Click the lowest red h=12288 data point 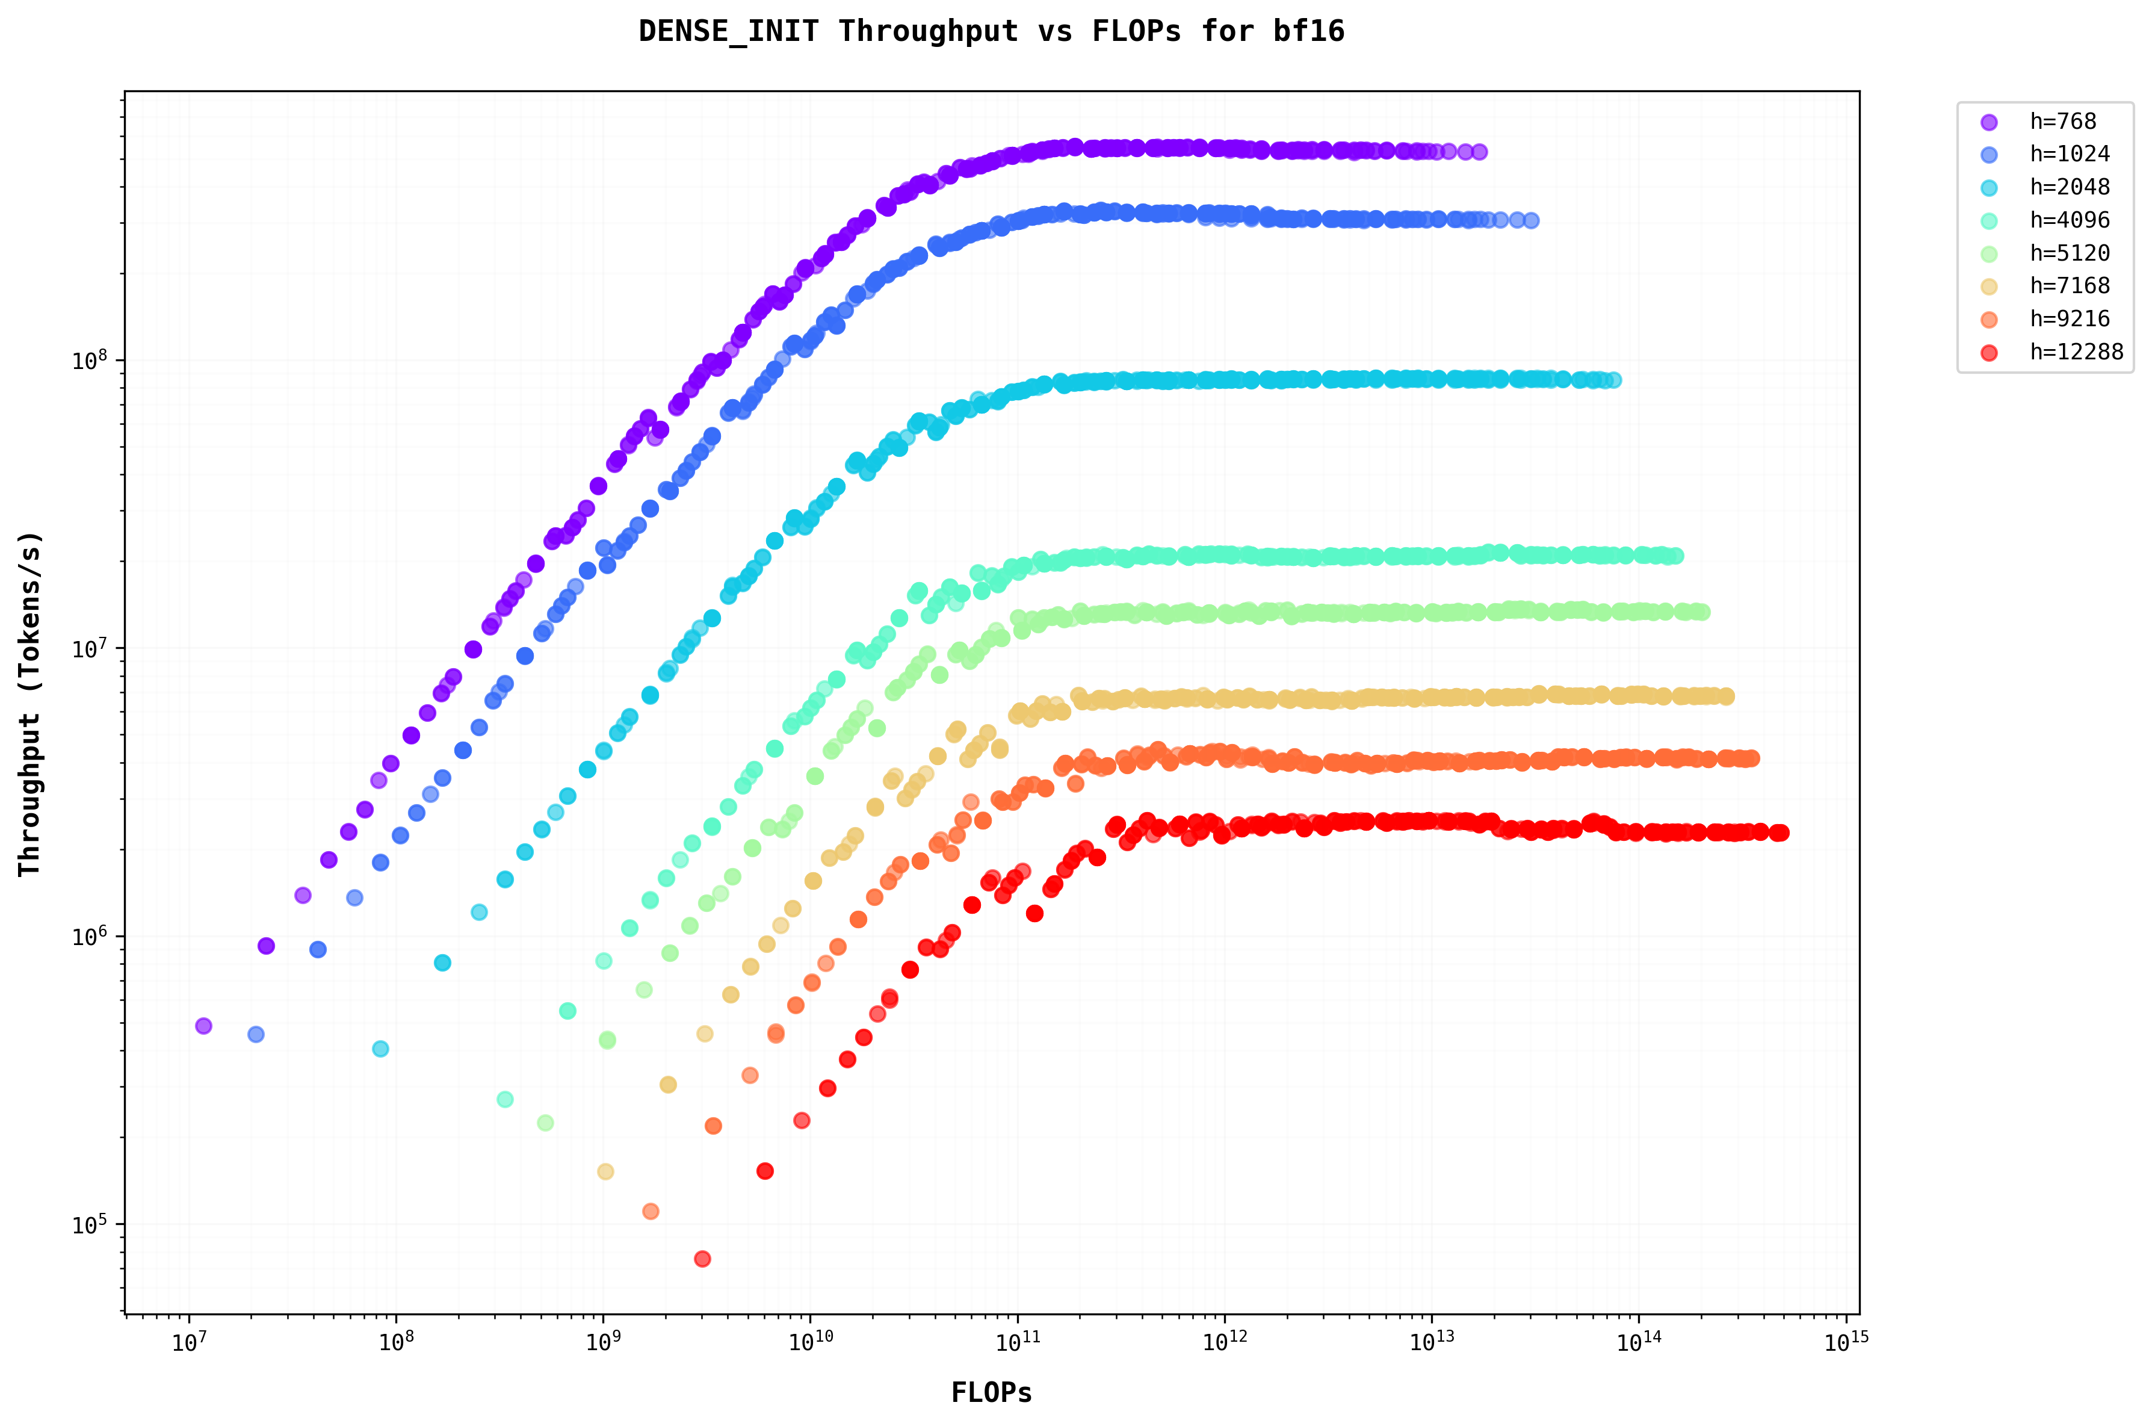pos(702,1259)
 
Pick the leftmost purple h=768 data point pos(203,1026)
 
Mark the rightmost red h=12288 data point pos(1780,832)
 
